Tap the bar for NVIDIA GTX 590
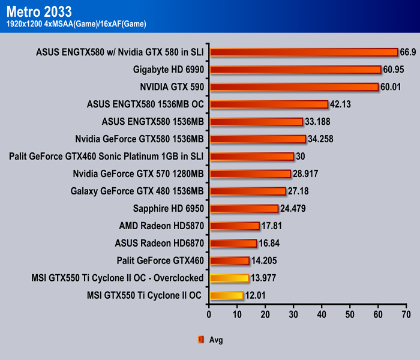pyautogui.click(x=294, y=87)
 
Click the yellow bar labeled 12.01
pyautogui.click(x=226, y=295)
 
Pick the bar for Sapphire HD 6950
pyautogui.click(x=244, y=209)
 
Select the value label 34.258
pyautogui.click(x=321, y=139)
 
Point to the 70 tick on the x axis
pyautogui.click(x=406, y=313)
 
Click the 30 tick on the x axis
pyautogui.click(x=293, y=313)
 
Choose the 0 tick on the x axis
pyautogui.click(x=209, y=313)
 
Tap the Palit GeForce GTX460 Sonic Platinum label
pyautogui.click(x=107, y=157)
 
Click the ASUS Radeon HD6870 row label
pyautogui.click(x=160, y=244)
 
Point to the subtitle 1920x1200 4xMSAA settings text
pyautogui.click(x=75, y=23)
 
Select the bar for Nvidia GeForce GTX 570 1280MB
pyautogui.click(x=250, y=174)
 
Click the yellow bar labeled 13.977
pyautogui.click(x=229, y=278)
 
